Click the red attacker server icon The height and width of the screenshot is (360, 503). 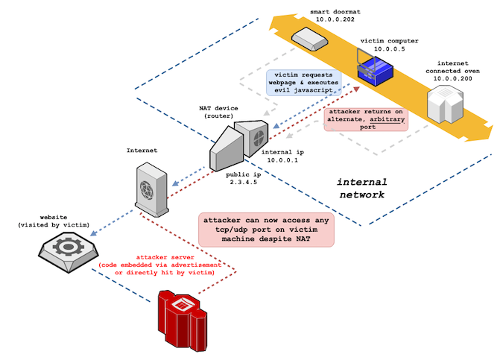(x=183, y=320)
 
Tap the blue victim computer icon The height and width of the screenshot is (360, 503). (x=375, y=68)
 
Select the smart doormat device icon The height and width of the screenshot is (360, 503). (x=309, y=39)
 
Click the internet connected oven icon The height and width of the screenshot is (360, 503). (x=446, y=104)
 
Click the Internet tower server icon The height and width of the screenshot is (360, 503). (x=152, y=189)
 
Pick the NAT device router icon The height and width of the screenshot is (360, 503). (x=238, y=145)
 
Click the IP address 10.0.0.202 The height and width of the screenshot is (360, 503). (x=335, y=19)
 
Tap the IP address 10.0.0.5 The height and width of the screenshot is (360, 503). (x=389, y=49)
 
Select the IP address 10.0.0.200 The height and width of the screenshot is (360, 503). (x=452, y=78)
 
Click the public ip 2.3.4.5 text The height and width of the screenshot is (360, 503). (x=243, y=178)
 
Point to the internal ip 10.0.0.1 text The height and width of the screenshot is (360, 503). (x=282, y=156)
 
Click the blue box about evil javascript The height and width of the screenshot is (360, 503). (x=303, y=83)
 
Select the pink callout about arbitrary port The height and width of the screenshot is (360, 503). (x=366, y=119)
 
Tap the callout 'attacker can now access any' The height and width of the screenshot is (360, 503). (x=266, y=230)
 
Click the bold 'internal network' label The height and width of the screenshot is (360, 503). (x=362, y=189)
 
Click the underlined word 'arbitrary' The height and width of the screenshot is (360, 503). (x=387, y=119)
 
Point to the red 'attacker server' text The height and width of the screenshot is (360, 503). (x=165, y=257)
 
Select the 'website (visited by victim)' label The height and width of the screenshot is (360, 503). (x=54, y=221)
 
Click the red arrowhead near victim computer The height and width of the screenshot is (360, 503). (x=356, y=89)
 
